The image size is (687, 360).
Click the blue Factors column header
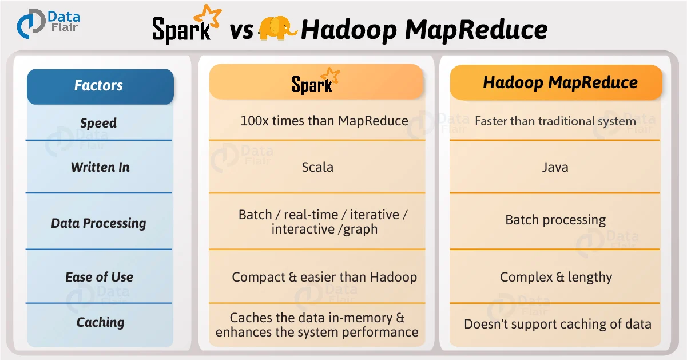pos(100,86)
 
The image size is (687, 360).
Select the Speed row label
pos(98,123)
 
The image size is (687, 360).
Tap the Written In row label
pos(100,167)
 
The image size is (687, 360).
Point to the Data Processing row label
pos(98,223)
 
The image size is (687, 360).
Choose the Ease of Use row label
pos(99,277)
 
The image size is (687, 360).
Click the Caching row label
pos(100,322)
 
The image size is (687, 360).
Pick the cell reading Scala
pos(317,167)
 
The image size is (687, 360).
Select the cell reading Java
pos(555,167)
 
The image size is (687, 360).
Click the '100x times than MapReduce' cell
pos(324,121)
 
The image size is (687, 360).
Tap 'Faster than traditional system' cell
pos(555,121)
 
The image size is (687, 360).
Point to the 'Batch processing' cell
pos(555,220)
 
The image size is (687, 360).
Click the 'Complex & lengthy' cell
pos(555,278)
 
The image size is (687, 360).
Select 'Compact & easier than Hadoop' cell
pos(324,278)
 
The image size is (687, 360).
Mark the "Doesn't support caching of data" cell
pos(557,324)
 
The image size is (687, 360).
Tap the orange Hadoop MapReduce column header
pos(559,82)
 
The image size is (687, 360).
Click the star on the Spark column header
pos(330,76)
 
